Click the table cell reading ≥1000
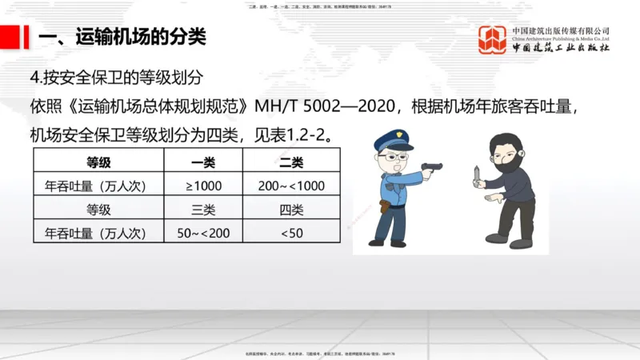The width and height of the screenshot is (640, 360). tap(203, 186)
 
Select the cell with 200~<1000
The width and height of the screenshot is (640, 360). tap(291, 186)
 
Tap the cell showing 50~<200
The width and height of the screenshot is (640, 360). tap(203, 233)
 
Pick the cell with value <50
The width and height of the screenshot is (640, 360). tap(291, 233)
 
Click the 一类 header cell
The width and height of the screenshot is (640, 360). tap(203, 162)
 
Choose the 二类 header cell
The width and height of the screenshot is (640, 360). tap(291, 162)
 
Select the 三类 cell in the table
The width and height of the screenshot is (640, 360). tap(203, 210)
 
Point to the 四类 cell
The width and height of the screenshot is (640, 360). tap(291, 210)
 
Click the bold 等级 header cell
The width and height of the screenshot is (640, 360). tap(98, 162)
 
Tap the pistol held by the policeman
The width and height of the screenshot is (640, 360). tap(432, 166)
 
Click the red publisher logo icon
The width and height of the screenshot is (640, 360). tap(492, 39)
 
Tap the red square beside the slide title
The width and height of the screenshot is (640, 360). tap(10, 36)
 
